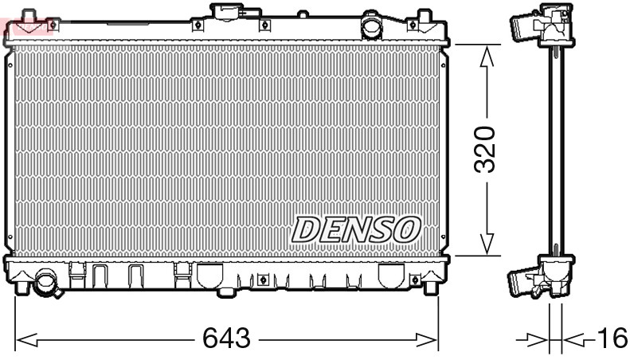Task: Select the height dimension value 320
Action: [485, 149]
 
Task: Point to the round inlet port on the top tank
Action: [372, 27]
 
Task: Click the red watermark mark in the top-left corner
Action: [28, 28]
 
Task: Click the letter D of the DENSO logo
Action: [304, 229]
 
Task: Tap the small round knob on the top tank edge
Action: [303, 14]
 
